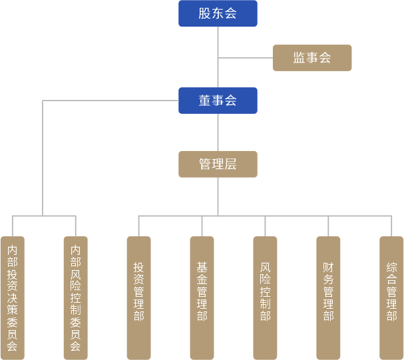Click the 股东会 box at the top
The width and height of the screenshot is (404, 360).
click(218, 14)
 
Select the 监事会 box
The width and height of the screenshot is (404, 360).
click(311, 58)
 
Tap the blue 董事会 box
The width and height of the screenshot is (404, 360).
click(218, 100)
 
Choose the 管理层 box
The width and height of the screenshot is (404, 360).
click(218, 164)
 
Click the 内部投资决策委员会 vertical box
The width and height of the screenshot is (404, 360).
click(12, 297)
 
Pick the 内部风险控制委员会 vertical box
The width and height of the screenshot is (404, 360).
click(75, 297)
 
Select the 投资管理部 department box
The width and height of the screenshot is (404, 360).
click(138, 297)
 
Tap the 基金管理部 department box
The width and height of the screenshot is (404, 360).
click(202, 297)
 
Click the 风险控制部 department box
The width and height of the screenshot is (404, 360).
click(265, 297)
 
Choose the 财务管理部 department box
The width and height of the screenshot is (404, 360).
click(328, 297)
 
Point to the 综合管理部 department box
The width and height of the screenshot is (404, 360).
click(391, 297)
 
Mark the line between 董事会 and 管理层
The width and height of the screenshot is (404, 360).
click(218, 132)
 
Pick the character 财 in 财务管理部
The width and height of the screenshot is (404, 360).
click(328, 269)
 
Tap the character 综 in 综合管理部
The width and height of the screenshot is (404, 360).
click(391, 269)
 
